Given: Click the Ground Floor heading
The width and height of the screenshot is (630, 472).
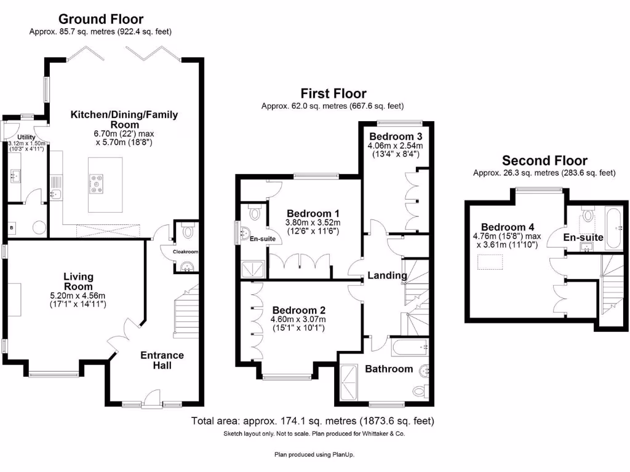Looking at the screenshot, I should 101,20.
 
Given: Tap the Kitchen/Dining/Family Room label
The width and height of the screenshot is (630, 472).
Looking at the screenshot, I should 124,119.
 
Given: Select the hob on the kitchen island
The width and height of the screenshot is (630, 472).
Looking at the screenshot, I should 98,183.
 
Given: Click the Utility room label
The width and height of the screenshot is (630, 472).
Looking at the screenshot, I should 26,137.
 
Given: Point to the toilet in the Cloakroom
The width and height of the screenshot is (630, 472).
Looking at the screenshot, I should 188,232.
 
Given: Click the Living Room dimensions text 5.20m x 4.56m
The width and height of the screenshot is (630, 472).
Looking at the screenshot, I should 78,295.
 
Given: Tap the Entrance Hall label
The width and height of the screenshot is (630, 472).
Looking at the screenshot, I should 162,360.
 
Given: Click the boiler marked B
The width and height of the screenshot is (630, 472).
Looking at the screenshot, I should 12,227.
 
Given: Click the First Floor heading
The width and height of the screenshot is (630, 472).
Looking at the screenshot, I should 333,93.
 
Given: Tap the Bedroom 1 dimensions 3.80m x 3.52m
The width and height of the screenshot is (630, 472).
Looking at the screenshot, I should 313,222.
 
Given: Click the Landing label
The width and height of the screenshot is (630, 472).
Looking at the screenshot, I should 388,275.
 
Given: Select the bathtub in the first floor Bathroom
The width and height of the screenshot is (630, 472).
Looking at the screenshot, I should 409,347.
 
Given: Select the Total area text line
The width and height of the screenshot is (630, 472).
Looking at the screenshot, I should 313,422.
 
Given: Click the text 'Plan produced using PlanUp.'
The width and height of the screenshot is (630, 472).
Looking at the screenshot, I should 314,455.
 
